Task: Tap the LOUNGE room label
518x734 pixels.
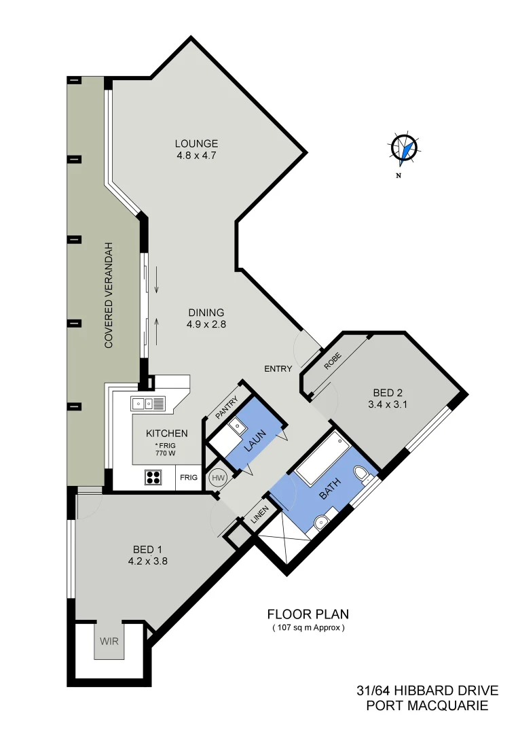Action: (196, 143)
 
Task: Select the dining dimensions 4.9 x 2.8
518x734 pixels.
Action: (206, 325)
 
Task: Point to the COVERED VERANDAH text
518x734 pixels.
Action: (108, 295)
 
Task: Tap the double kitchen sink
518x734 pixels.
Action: (148, 403)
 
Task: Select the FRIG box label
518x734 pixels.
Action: (189, 478)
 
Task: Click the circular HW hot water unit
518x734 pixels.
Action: (218, 478)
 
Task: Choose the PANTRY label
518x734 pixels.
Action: (226, 406)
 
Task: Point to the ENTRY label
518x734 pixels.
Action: (278, 369)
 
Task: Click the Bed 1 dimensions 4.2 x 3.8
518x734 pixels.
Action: (147, 561)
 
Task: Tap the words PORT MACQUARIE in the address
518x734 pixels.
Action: (427, 706)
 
